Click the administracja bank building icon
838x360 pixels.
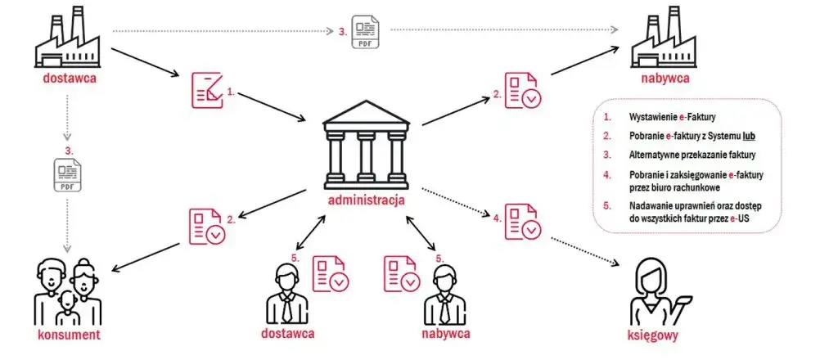click(x=366, y=145)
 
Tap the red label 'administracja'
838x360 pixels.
click(x=366, y=200)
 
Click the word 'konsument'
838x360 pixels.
click(x=69, y=335)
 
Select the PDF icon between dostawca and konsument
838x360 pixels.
click(x=67, y=174)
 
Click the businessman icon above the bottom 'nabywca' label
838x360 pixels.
click(x=444, y=295)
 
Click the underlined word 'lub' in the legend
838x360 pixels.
click(x=748, y=136)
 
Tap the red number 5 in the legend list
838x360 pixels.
click(x=606, y=205)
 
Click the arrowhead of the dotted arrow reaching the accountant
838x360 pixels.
click(x=615, y=263)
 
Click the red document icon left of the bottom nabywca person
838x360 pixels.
click(x=400, y=273)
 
